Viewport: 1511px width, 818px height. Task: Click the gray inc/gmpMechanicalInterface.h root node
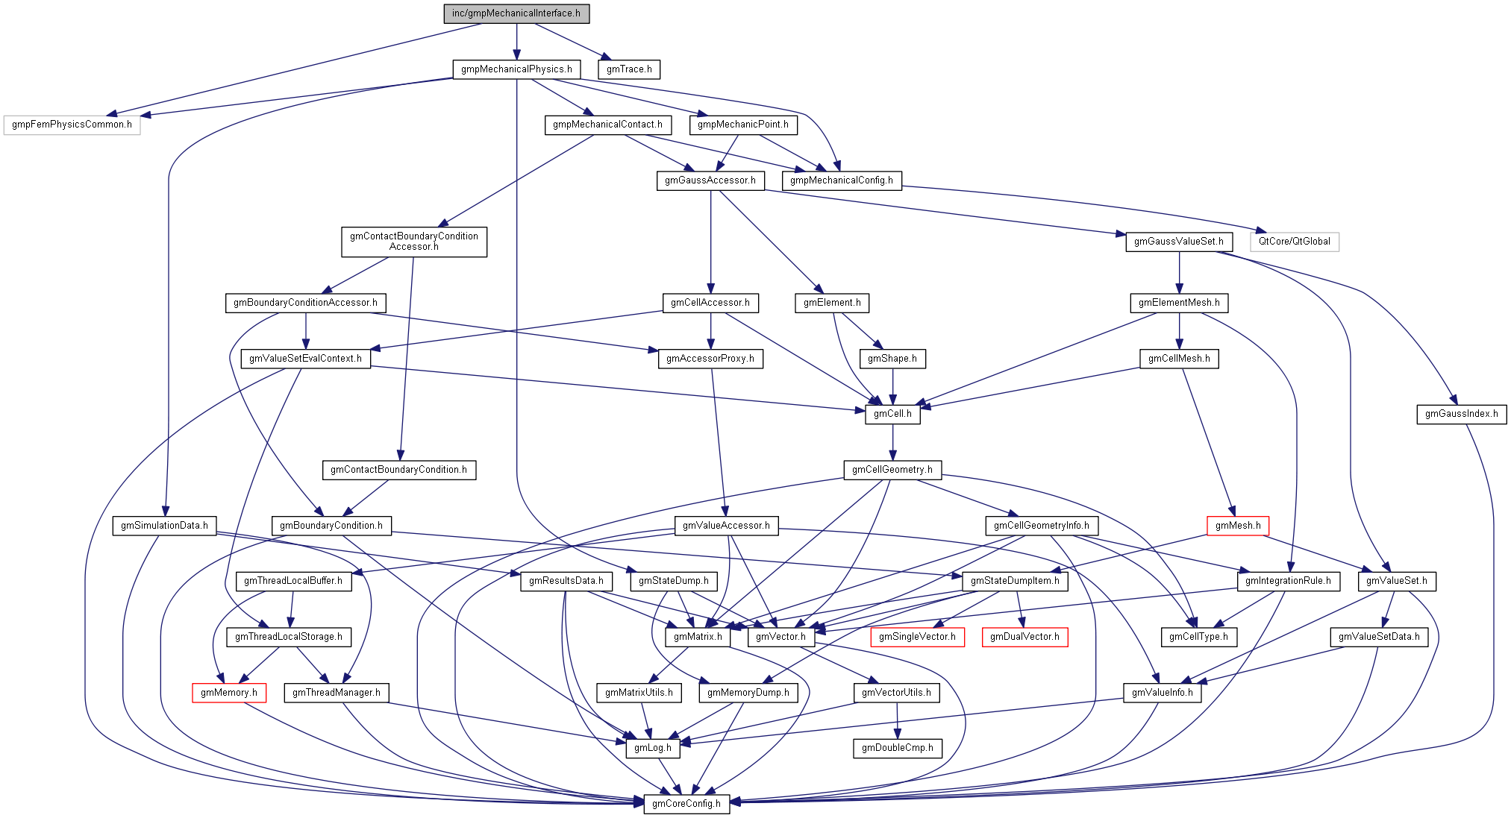point(516,13)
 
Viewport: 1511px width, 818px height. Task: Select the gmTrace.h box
point(629,69)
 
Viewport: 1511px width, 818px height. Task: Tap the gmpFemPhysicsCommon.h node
point(72,125)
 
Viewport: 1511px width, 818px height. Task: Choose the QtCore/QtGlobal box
point(1294,242)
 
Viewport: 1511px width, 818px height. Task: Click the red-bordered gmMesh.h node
point(1238,526)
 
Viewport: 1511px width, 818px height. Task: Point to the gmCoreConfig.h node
point(686,804)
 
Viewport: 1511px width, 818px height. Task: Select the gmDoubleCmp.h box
point(897,748)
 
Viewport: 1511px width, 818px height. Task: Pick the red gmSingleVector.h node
point(917,637)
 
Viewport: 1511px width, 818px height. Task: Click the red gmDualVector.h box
point(1024,637)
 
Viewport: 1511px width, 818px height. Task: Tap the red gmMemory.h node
point(229,693)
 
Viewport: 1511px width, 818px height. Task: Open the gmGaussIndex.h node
point(1461,414)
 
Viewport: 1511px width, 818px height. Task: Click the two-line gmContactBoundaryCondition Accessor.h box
point(414,242)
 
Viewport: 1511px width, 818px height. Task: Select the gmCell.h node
point(892,414)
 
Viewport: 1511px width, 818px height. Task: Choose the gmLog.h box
point(653,748)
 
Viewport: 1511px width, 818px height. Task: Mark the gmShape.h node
point(892,359)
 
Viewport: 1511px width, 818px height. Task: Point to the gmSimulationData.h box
point(165,526)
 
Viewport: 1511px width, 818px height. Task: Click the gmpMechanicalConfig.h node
point(842,180)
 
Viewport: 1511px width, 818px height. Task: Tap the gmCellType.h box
point(1198,637)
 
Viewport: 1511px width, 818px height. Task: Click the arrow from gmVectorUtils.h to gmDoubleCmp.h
point(897,720)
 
